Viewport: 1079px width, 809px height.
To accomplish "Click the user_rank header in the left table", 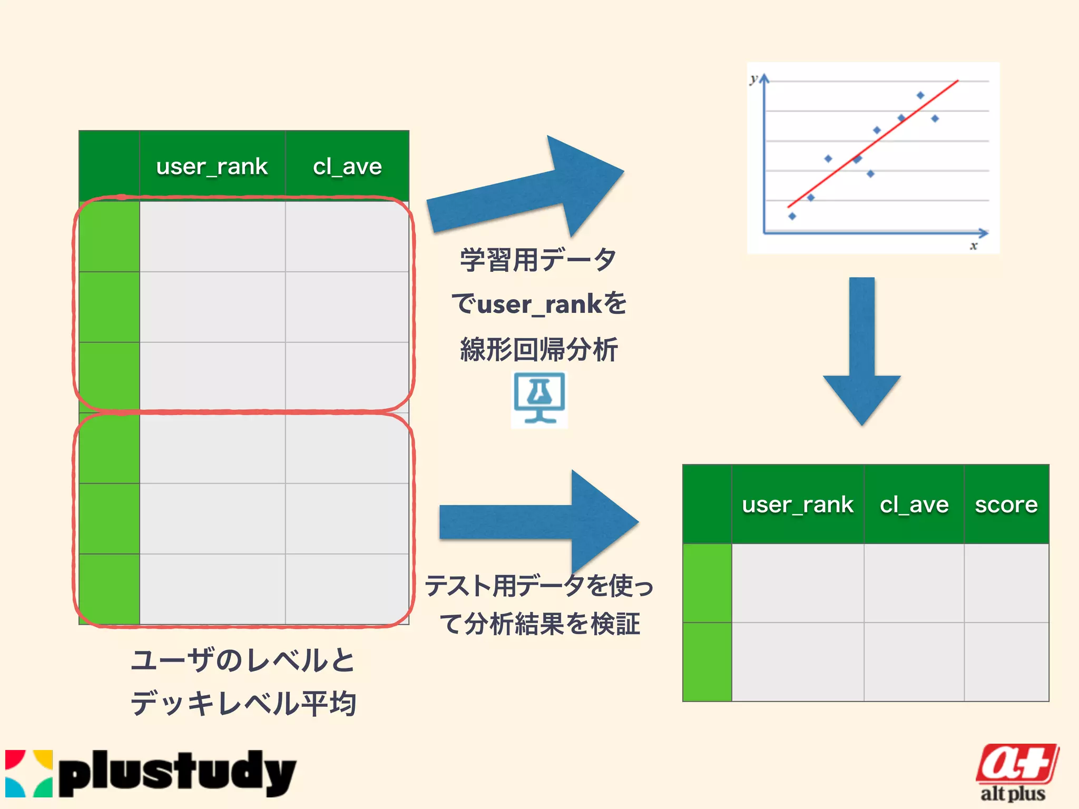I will pos(212,166).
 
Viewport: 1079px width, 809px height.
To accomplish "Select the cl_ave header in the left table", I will pos(347,166).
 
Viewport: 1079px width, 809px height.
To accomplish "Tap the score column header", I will pos(1006,505).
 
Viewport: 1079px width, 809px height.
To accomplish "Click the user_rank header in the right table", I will pos(797,505).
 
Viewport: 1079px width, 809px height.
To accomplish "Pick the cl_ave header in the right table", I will pos(914,505).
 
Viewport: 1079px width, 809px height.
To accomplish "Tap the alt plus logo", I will pos(1016,772).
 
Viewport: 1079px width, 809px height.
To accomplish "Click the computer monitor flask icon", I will pos(539,399).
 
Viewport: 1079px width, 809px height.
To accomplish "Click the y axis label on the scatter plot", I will pos(754,79).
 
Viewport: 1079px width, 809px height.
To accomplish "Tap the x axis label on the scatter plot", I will pos(974,246).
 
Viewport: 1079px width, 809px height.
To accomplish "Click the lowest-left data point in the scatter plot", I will pos(792,216).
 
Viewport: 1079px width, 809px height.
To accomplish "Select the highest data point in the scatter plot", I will pos(920,95).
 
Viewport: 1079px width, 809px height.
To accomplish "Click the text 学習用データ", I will pos(538,260).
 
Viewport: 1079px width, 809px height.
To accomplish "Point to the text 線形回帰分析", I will pos(538,350).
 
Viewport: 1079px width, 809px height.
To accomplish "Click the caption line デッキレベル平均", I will pos(243,704).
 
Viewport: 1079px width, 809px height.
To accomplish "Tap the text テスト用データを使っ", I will pos(539,586).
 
